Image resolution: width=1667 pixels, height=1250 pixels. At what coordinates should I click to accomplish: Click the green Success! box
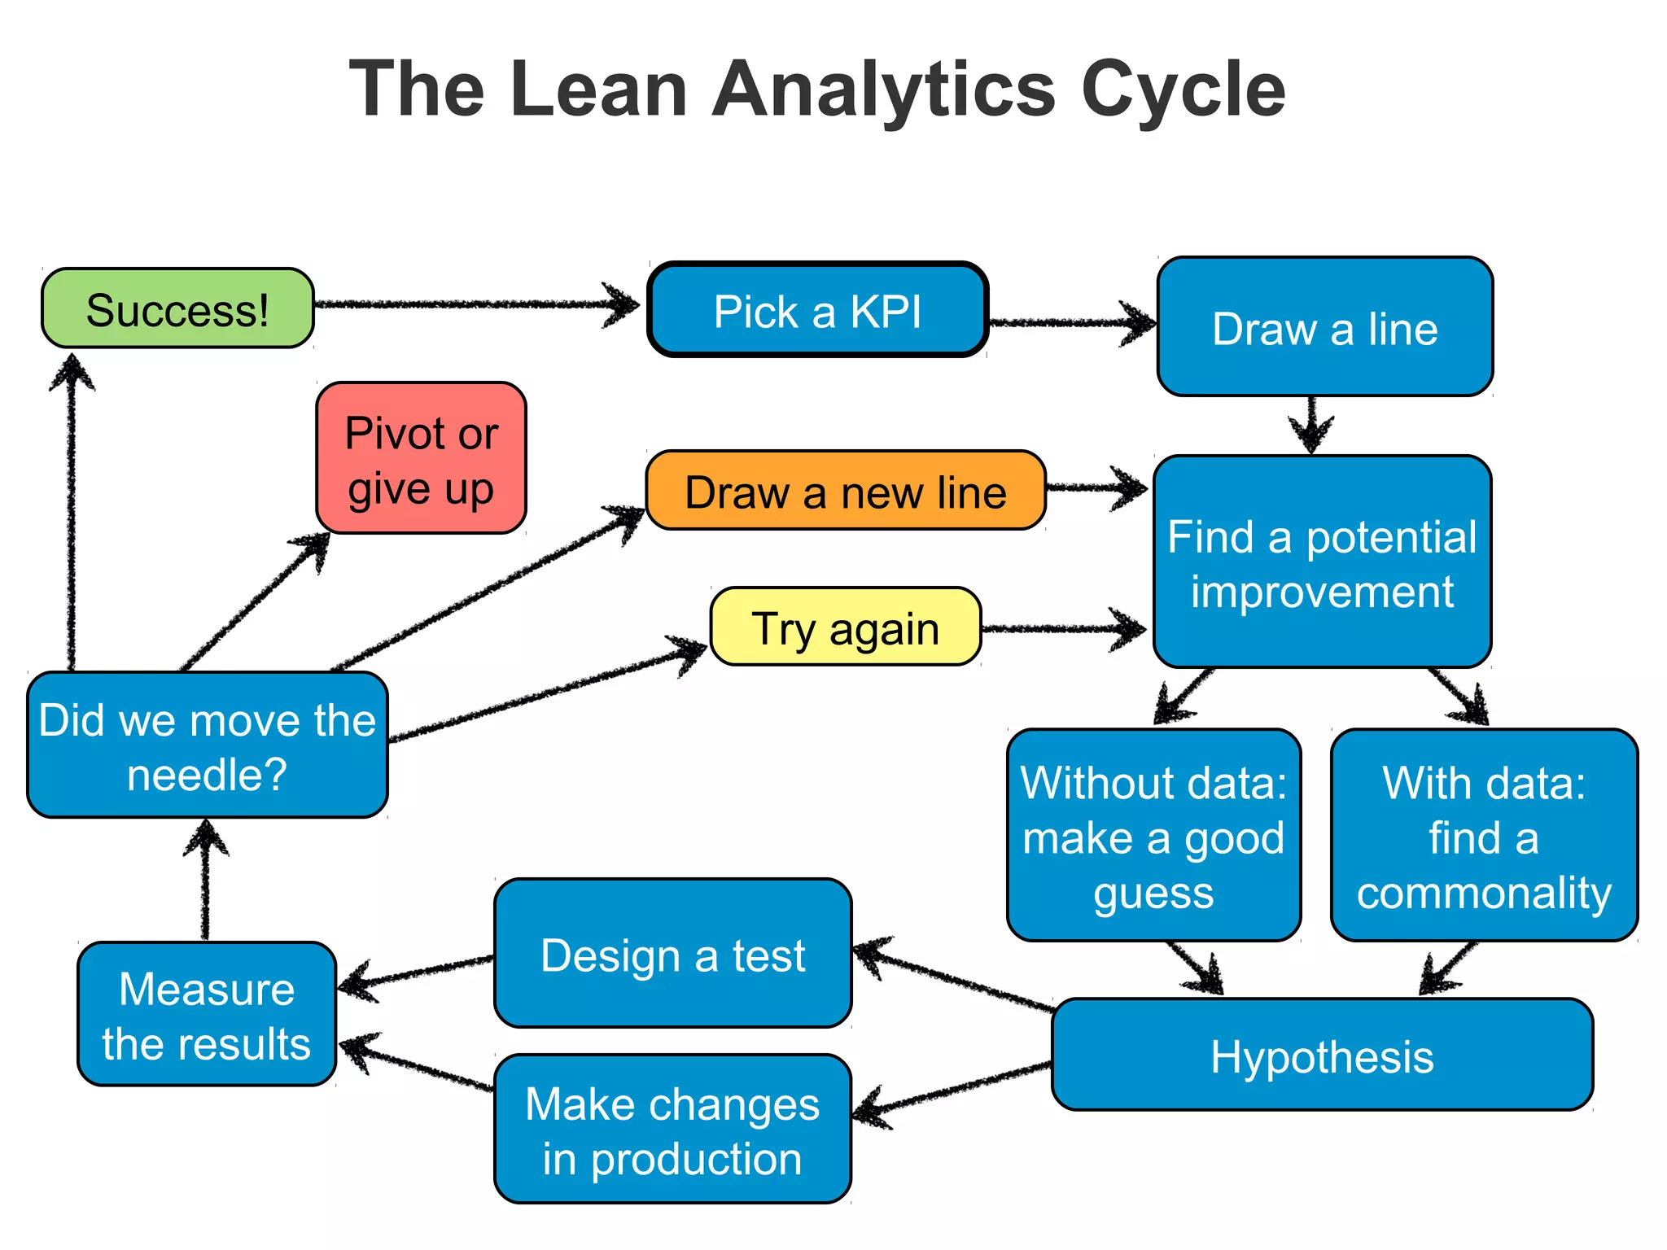(x=177, y=308)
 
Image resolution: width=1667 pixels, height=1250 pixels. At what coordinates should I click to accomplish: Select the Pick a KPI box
(x=817, y=310)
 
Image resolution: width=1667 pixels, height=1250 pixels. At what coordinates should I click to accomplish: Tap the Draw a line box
(x=1324, y=327)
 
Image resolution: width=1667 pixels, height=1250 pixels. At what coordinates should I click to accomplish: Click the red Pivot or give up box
(x=421, y=458)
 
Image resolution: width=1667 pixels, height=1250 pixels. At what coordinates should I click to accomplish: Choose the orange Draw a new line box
(x=845, y=491)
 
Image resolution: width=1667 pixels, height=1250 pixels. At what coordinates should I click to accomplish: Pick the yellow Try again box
(x=845, y=627)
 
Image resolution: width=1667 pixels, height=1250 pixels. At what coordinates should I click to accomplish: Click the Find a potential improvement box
(x=1322, y=562)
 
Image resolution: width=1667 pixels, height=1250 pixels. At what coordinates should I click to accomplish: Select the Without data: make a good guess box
(x=1153, y=836)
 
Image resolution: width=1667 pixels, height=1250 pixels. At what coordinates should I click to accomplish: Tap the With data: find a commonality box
(x=1483, y=836)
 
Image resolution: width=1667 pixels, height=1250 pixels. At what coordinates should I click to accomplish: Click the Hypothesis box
(x=1322, y=1056)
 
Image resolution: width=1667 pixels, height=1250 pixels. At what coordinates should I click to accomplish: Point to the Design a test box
(x=672, y=954)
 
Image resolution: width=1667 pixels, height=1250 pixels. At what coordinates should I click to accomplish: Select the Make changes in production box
(x=672, y=1130)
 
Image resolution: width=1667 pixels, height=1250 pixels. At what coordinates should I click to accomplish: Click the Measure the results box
(x=206, y=1015)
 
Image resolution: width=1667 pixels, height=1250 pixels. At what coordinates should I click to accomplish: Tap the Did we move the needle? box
(x=207, y=745)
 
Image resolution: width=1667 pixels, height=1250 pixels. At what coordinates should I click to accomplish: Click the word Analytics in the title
(x=883, y=90)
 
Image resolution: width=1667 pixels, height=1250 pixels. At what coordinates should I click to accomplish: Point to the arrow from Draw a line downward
(x=1310, y=424)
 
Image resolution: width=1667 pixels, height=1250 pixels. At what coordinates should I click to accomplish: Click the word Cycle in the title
(x=1182, y=90)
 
